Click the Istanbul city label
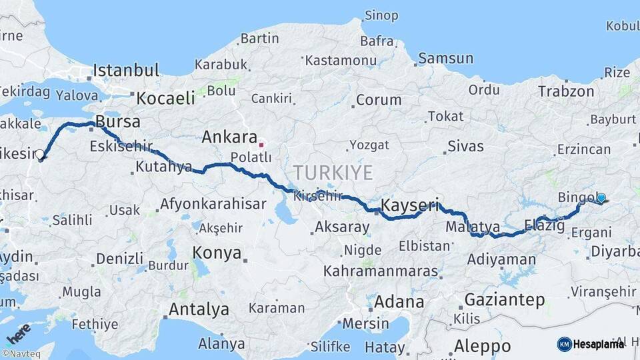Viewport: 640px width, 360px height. pyautogui.click(x=126, y=70)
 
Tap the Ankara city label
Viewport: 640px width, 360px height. pyautogui.click(x=229, y=137)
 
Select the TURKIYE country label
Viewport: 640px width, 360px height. pyautogui.click(x=333, y=172)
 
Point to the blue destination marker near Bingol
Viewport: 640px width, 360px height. pyautogui.click(x=601, y=198)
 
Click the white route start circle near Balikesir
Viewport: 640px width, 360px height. pyautogui.click(x=39, y=155)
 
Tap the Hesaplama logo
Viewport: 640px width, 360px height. pyautogui.click(x=591, y=344)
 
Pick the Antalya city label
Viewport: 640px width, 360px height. pyautogui.click(x=199, y=309)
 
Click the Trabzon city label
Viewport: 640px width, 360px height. pyautogui.click(x=566, y=91)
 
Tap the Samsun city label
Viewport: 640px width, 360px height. pyautogui.click(x=445, y=58)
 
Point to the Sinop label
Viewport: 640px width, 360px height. pyautogui.click(x=381, y=15)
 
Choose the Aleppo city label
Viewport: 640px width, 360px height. pyautogui.click(x=482, y=346)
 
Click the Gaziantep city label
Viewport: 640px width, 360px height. pyautogui.click(x=504, y=299)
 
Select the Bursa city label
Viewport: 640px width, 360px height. pyautogui.click(x=118, y=121)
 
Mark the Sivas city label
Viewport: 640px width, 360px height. pyautogui.click(x=465, y=145)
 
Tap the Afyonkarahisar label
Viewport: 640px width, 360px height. pyautogui.click(x=213, y=204)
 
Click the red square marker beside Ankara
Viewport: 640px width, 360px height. pyautogui.click(x=261, y=143)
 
